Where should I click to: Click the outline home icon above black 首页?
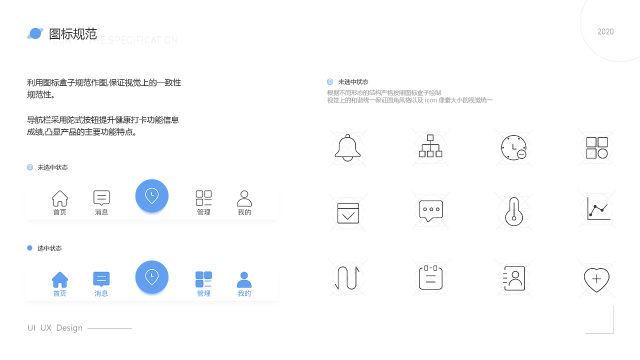pos(60,198)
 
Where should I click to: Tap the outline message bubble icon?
pos(101,198)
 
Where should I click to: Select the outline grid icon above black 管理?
pos(203,198)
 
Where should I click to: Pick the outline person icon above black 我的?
pos(244,198)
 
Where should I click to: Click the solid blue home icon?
pos(60,279)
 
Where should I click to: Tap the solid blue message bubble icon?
pos(101,279)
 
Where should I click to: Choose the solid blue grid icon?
pos(203,279)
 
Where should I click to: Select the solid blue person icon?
pos(244,279)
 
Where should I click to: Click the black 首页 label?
pos(60,212)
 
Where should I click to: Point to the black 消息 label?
pos(101,212)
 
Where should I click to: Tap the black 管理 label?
pos(203,212)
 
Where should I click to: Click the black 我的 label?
pos(244,212)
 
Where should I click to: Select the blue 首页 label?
pos(60,293)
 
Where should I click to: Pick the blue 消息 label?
pos(101,293)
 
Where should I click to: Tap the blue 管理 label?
pos(203,293)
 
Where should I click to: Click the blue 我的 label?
pos(244,293)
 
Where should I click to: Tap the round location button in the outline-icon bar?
pos(152,196)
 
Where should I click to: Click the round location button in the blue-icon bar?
pos(152,277)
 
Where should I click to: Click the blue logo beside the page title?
pos(35,33)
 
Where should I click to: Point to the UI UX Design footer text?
pos(55,328)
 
